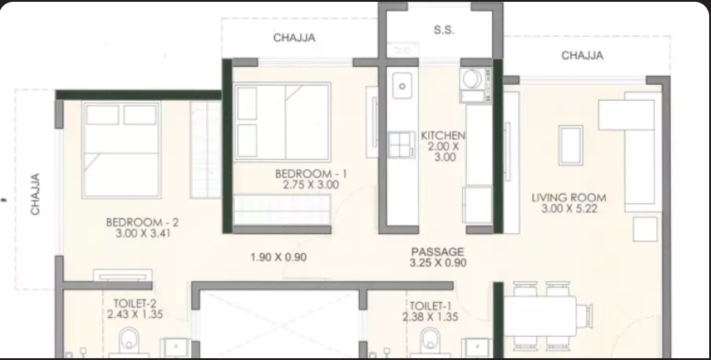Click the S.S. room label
click(x=444, y=30)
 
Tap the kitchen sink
click(x=402, y=85)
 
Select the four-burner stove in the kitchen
click(x=401, y=145)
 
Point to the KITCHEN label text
click(x=443, y=135)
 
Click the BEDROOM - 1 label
click(x=311, y=174)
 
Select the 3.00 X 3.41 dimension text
click(x=143, y=234)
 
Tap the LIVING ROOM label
click(x=569, y=198)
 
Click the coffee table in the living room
click(x=571, y=145)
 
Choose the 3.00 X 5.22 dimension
click(x=569, y=209)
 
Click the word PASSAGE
click(x=438, y=252)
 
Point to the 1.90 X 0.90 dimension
click(x=279, y=257)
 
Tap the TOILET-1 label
click(x=431, y=306)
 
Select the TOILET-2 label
click(x=135, y=303)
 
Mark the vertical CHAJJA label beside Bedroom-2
click(x=35, y=194)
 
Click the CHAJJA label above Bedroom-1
click(x=295, y=38)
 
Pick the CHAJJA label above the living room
click(x=582, y=56)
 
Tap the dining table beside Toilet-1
click(x=540, y=316)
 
